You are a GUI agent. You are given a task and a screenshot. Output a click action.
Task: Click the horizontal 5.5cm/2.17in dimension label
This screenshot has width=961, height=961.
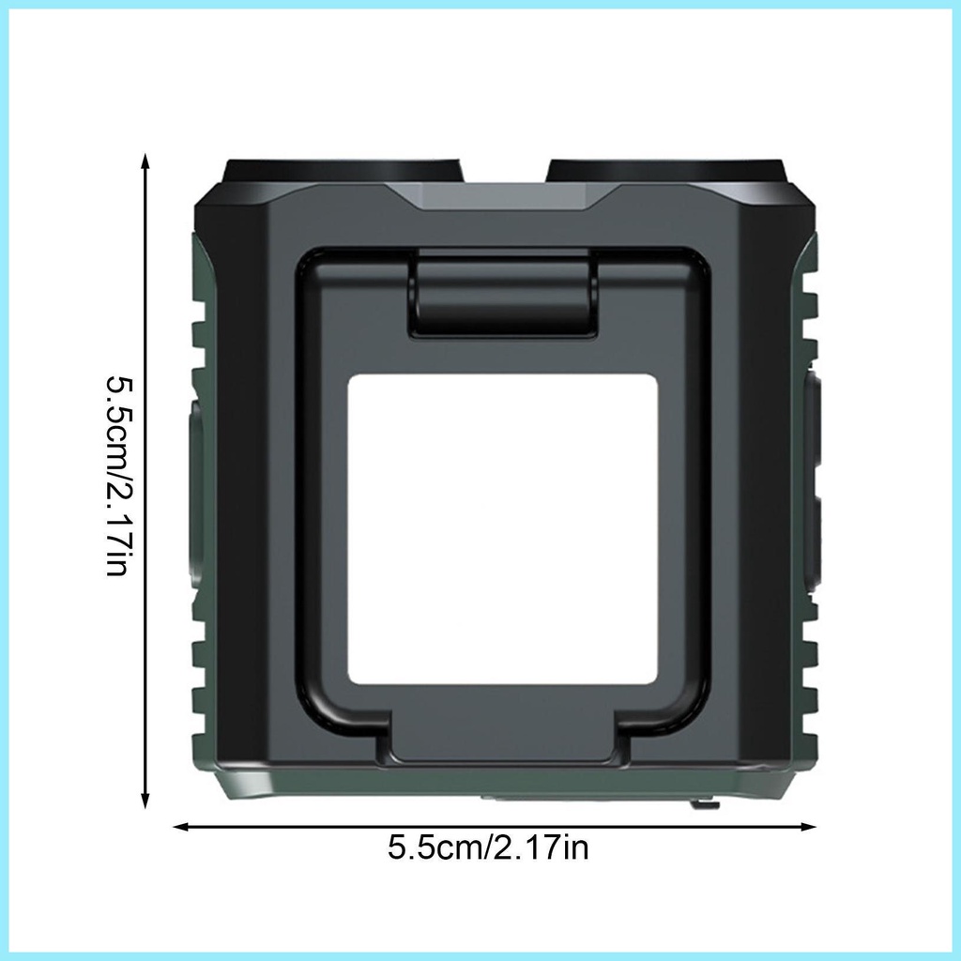tap(488, 848)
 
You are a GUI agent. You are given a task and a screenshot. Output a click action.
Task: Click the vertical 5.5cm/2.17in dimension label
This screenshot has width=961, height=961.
tap(117, 476)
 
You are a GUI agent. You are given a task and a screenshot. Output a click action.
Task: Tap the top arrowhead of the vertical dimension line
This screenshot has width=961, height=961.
tap(145, 161)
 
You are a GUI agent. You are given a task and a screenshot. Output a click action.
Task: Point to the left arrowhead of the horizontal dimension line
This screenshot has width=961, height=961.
tap(182, 826)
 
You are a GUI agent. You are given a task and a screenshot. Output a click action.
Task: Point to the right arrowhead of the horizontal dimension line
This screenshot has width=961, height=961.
tap(807, 826)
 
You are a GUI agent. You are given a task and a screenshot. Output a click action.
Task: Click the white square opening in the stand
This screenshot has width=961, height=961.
tap(503, 528)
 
